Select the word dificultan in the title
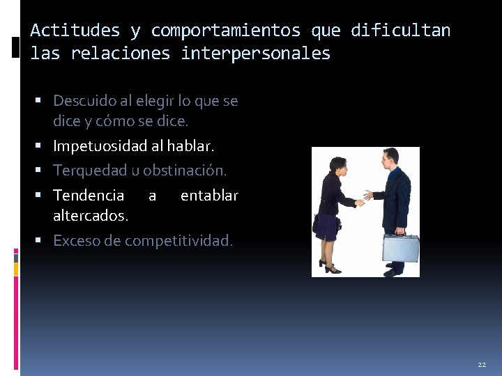pyautogui.click(x=401, y=31)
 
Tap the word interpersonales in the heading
pyautogui.click(x=256, y=54)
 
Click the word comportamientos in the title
pyautogui.click(x=226, y=31)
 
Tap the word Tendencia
pyautogui.click(x=89, y=196)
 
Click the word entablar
pyautogui.click(x=209, y=196)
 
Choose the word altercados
pyautogui.click(x=91, y=216)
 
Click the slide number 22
pyautogui.click(x=482, y=365)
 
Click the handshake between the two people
pyautogui.click(x=363, y=198)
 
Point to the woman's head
pyautogui.click(x=337, y=166)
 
